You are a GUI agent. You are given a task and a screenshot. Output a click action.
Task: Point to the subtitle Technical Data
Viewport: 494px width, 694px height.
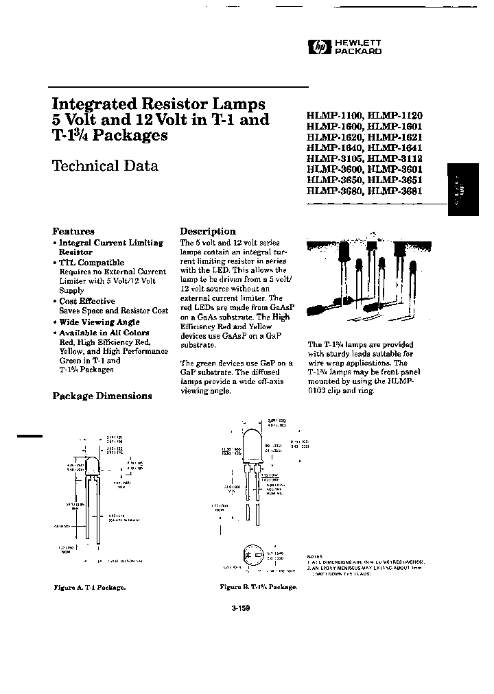click(x=105, y=166)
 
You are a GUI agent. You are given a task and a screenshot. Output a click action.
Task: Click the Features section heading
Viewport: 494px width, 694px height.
click(x=73, y=231)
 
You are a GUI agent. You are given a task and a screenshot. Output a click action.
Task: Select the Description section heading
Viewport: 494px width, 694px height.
click(x=207, y=231)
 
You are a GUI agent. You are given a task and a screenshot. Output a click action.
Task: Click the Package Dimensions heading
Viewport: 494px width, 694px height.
click(x=102, y=396)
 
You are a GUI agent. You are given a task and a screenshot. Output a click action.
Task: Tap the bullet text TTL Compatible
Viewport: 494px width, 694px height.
click(x=91, y=263)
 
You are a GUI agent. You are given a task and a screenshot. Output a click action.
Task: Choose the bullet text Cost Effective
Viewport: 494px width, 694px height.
click(x=86, y=301)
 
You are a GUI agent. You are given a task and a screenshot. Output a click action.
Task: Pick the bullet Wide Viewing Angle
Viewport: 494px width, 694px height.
click(x=99, y=322)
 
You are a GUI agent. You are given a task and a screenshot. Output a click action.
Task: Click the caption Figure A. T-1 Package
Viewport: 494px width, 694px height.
click(x=89, y=588)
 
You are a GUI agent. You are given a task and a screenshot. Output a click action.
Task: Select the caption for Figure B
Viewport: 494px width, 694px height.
click(x=258, y=588)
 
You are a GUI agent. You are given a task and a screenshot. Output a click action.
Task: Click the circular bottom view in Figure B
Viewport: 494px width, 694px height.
click(x=250, y=555)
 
